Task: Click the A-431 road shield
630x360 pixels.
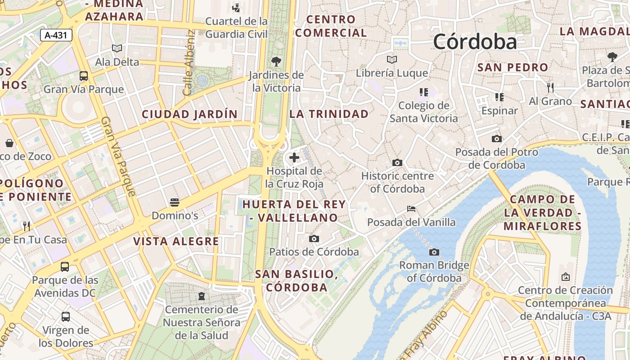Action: click(x=56, y=35)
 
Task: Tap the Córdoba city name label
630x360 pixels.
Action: click(x=475, y=42)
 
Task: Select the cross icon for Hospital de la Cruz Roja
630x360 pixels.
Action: click(x=294, y=157)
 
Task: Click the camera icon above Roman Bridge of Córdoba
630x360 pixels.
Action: click(x=434, y=252)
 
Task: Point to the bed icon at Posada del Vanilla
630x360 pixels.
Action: click(x=411, y=209)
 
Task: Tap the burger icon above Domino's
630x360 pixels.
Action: click(x=175, y=202)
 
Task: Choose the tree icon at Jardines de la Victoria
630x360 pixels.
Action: click(x=276, y=61)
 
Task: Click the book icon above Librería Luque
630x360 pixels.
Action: click(x=392, y=59)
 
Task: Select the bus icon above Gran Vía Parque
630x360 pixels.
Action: click(x=84, y=76)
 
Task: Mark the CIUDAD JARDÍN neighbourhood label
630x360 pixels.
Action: click(x=189, y=114)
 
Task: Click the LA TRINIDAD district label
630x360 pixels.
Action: click(x=329, y=114)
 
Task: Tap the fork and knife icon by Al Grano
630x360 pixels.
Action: click(x=550, y=87)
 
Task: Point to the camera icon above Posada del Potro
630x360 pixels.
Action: click(x=497, y=139)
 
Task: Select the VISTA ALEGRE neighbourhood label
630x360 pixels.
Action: click(x=176, y=241)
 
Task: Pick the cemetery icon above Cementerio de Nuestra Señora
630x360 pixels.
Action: click(x=201, y=296)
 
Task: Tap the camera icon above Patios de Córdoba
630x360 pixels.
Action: click(x=314, y=238)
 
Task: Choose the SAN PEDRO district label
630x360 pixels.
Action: click(x=513, y=67)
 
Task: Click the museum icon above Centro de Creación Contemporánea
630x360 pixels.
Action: click(x=566, y=277)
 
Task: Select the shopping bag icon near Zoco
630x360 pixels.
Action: click(x=9, y=143)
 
